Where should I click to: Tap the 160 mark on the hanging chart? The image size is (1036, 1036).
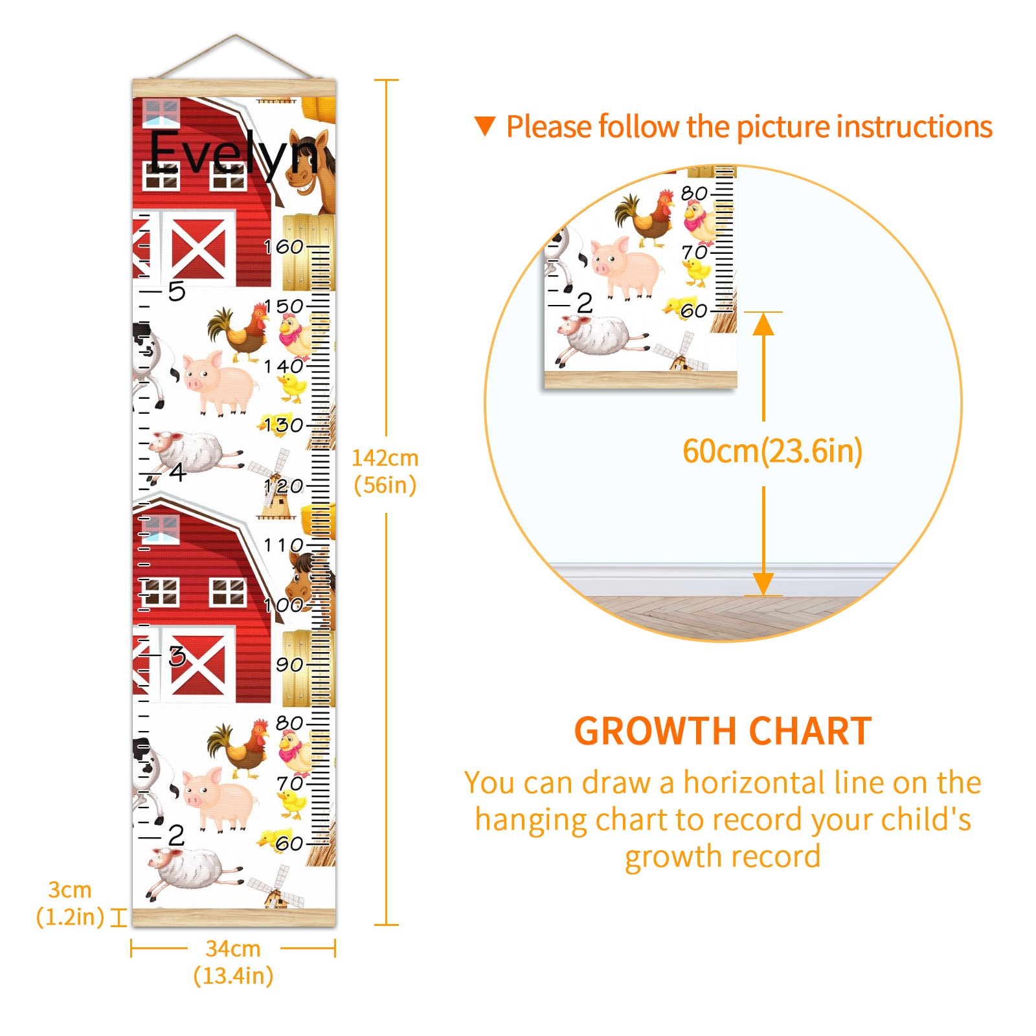pyautogui.click(x=284, y=247)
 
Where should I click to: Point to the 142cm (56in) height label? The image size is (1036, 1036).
pyautogui.click(x=385, y=471)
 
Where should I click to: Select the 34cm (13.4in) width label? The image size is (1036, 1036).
pyautogui.click(x=233, y=962)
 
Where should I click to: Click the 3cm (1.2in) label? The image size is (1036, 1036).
pyautogui.click(x=70, y=903)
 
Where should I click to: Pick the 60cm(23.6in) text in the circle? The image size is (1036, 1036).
pyautogui.click(x=772, y=451)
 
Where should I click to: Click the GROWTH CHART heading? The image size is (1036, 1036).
pyautogui.click(x=723, y=731)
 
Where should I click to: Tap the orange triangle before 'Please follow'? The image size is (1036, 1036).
pyautogui.click(x=485, y=126)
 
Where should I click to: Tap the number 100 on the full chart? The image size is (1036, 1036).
pyautogui.click(x=284, y=605)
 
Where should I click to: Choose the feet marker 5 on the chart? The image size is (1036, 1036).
pyautogui.click(x=176, y=291)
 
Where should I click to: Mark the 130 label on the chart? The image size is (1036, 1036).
pyautogui.click(x=284, y=425)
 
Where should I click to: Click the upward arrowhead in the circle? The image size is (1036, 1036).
pyautogui.click(x=763, y=324)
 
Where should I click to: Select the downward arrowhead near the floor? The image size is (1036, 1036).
pyautogui.click(x=763, y=584)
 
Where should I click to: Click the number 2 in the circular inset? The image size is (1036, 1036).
pyautogui.click(x=585, y=302)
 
